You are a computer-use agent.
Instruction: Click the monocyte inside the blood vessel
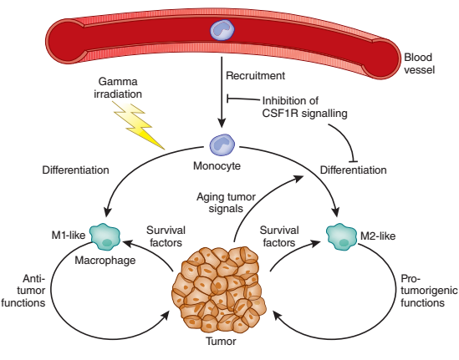coord(222,29)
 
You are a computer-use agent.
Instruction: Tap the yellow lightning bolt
coord(138,124)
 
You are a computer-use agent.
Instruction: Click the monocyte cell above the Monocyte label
coord(222,145)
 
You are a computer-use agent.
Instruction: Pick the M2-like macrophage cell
coord(341,237)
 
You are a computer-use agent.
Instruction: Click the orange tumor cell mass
coord(219,290)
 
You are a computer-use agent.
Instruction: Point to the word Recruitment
coord(255,76)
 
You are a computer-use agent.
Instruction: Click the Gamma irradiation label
coord(118,88)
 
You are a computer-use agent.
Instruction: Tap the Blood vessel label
coord(419,63)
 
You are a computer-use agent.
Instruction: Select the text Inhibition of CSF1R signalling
coord(304,107)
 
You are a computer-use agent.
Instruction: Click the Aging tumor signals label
coord(226,203)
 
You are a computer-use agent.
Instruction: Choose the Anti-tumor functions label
coord(23,291)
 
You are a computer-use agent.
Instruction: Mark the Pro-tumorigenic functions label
coord(429,291)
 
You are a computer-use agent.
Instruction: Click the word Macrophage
coord(105,261)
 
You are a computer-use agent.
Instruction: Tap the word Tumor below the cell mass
coord(221,342)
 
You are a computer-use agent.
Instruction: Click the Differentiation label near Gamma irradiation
coord(75,170)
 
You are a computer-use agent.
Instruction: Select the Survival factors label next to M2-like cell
coord(279,236)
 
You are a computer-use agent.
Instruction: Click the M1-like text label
coord(69,235)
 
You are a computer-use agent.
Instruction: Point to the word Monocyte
coord(217,166)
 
